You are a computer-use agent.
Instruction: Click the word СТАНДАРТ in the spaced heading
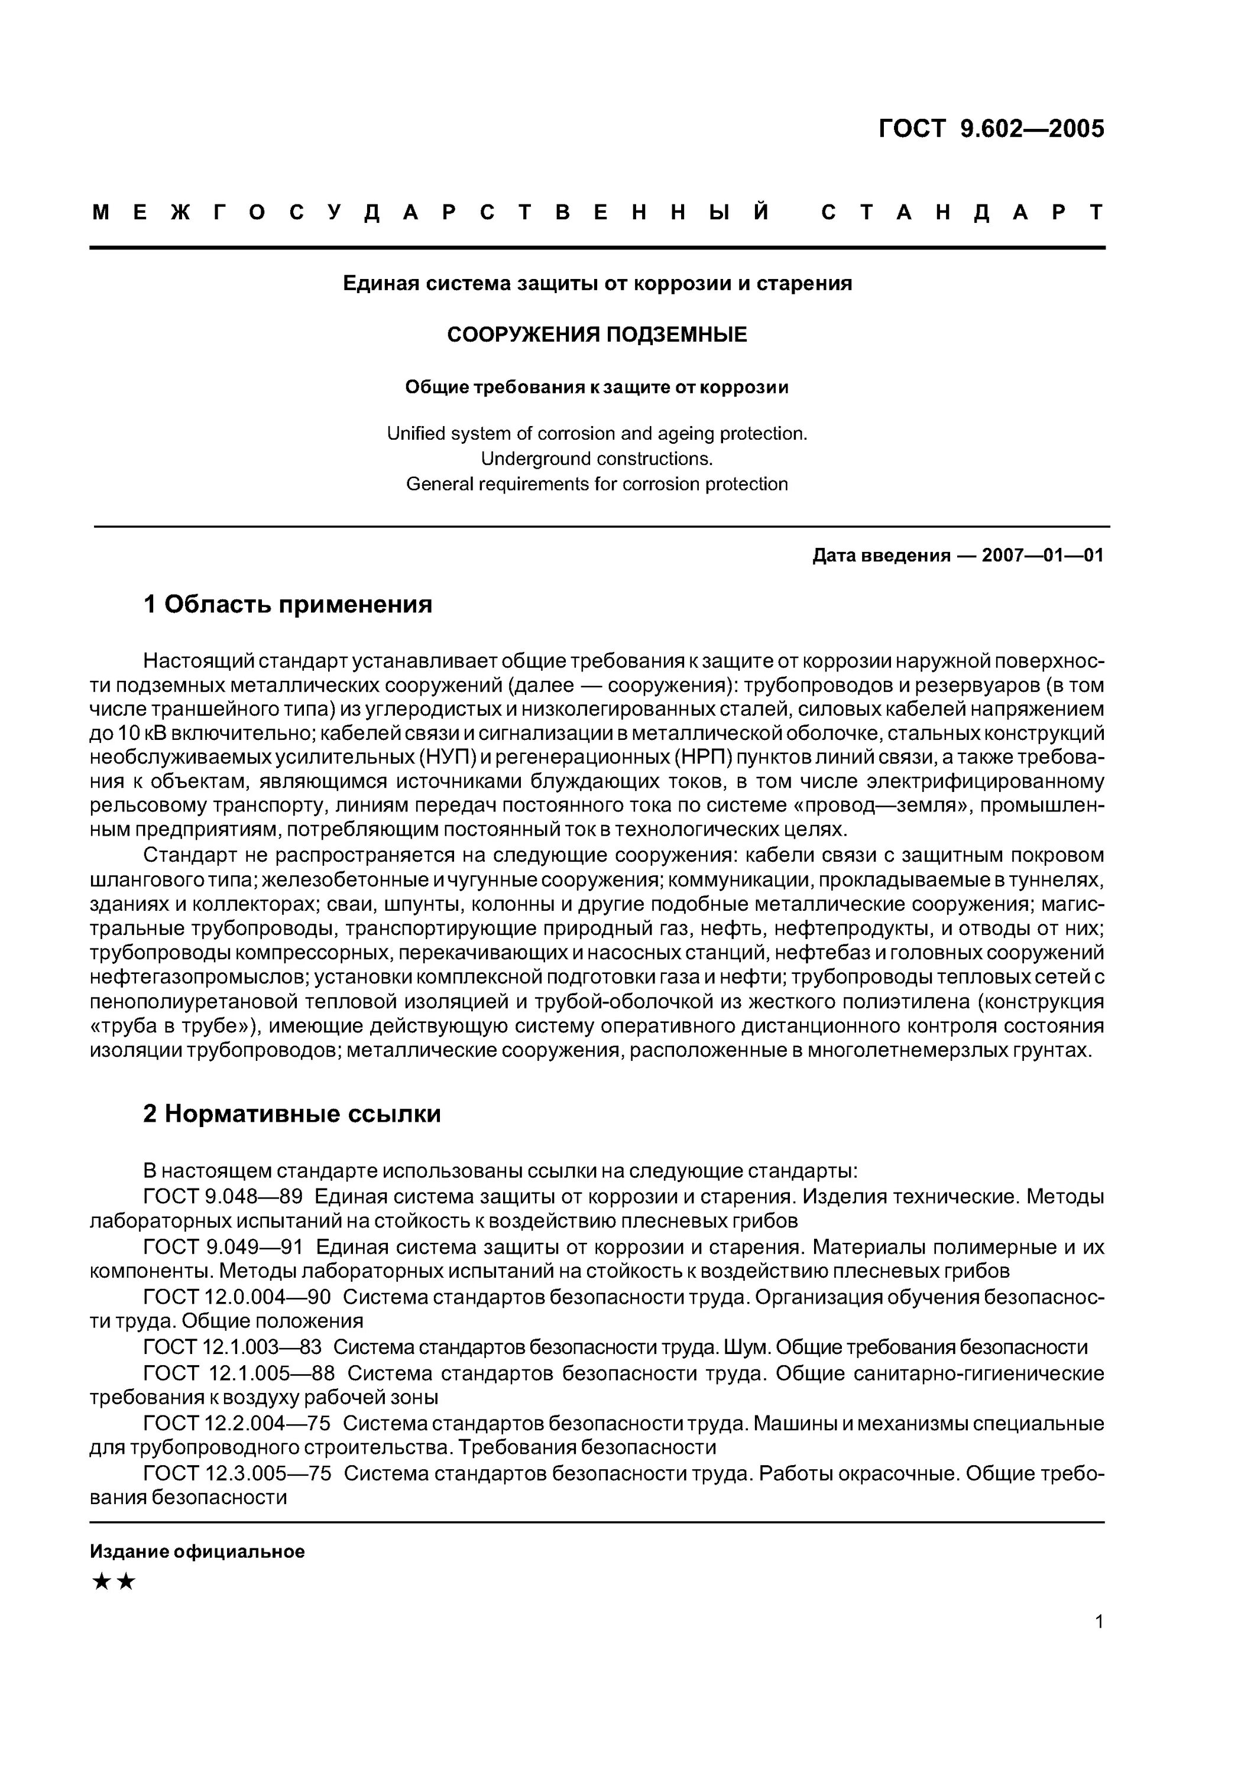(963, 212)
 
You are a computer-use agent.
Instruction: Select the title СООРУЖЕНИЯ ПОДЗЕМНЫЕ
(597, 335)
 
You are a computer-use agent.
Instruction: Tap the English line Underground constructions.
(597, 459)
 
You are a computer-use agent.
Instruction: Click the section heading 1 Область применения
(287, 604)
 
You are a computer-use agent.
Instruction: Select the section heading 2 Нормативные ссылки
(292, 1113)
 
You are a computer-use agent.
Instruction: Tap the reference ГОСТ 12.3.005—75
(237, 1473)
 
